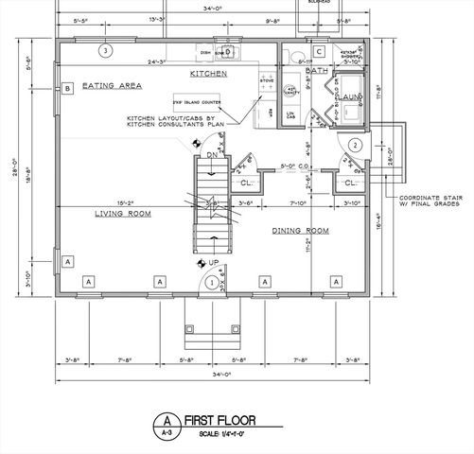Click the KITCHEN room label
pyautogui.click(x=207, y=73)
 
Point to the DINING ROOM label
pyautogui.click(x=300, y=231)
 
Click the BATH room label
pyautogui.click(x=317, y=70)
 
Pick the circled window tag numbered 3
pyautogui.click(x=107, y=50)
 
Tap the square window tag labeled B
pyautogui.click(x=67, y=90)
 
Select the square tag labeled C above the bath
pyautogui.click(x=320, y=51)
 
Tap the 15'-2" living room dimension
pyautogui.click(x=126, y=201)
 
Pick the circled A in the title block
pyautogui.click(x=167, y=420)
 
